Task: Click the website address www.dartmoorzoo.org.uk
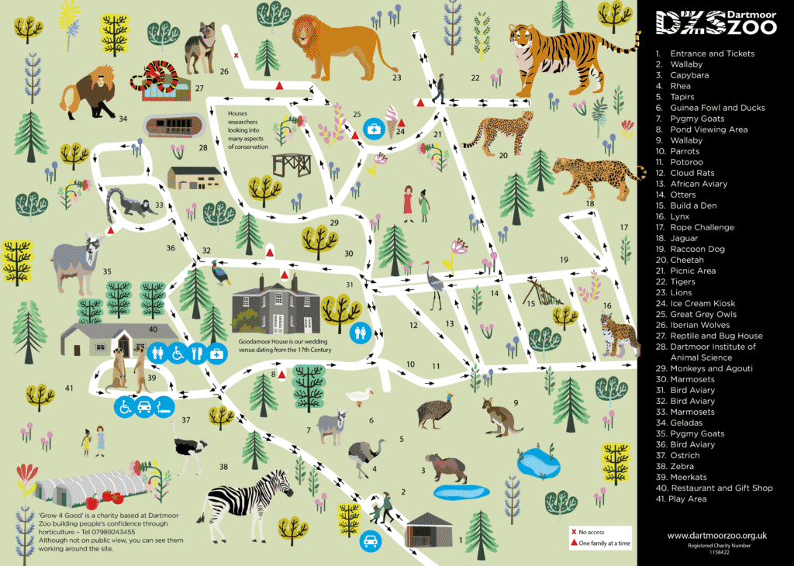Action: (x=717, y=535)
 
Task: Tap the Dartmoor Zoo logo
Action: (x=714, y=22)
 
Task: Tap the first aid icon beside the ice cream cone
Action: (x=374, y=129)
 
